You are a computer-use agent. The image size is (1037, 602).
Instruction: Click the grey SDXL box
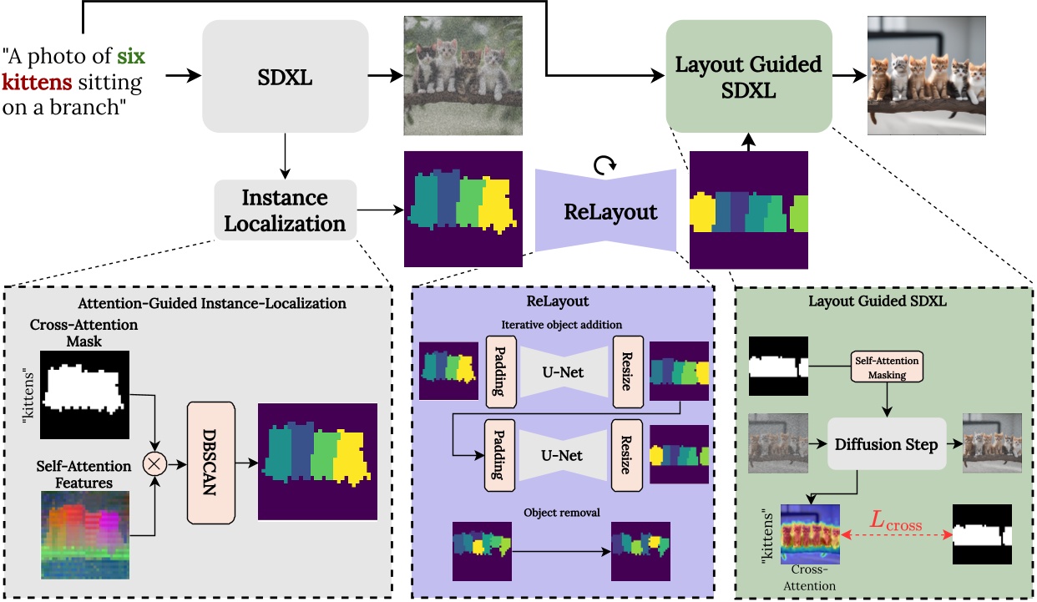pos(285,76)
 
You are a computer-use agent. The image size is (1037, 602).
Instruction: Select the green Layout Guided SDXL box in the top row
pos(749,76)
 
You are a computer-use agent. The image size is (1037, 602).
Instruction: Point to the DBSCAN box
pos(213,463)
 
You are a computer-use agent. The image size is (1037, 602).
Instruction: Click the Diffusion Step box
pos(885,444)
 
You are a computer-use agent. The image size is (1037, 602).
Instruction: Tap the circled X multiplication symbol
pos(154,462)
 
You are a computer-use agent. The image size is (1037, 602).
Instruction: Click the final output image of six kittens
pos(928,76)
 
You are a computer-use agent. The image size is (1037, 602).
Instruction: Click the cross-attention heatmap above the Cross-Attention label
pos(809,534)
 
